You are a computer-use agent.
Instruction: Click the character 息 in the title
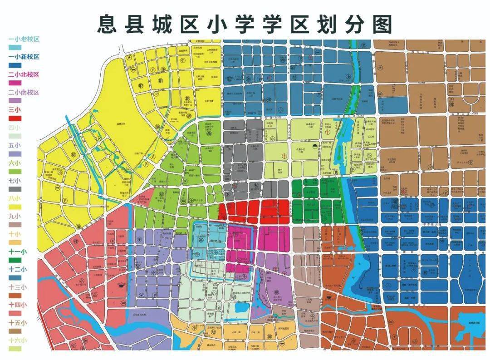(109, 25)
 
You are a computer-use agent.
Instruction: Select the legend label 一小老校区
(24, 39)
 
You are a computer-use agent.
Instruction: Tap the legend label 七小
(15, 181)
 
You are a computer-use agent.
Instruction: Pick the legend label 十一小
(17, 252)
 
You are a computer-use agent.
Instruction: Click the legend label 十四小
(17, 305)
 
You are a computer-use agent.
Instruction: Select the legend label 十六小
(17, 340)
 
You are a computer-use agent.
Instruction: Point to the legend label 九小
(15, 216)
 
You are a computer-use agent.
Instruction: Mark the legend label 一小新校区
(24, 57)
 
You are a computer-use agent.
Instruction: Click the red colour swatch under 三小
(15, 118)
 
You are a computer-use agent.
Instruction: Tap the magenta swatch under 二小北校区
(15, 83)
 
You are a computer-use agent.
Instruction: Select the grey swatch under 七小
(15, 189)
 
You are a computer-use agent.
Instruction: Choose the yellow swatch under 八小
(15, 207)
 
